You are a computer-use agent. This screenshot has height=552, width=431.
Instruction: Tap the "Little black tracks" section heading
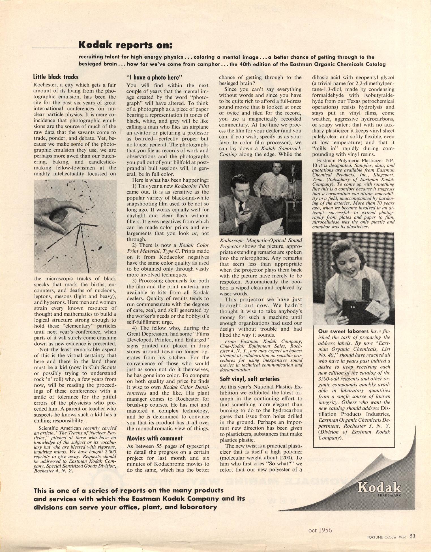56,77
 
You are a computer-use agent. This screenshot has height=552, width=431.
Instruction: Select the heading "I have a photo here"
153,77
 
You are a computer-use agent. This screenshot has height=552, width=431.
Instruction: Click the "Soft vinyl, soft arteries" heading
250,379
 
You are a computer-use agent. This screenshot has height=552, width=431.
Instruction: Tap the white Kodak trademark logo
379,488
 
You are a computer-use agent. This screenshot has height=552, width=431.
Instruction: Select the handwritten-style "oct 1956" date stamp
320,530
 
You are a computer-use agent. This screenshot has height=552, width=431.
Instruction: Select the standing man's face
276,170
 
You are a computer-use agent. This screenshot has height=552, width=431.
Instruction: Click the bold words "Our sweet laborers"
343,331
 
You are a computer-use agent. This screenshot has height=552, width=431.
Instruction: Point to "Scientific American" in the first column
60,428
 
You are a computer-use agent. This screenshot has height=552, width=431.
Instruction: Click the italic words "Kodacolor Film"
192,186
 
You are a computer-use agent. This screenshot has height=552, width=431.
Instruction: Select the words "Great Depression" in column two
145,334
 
